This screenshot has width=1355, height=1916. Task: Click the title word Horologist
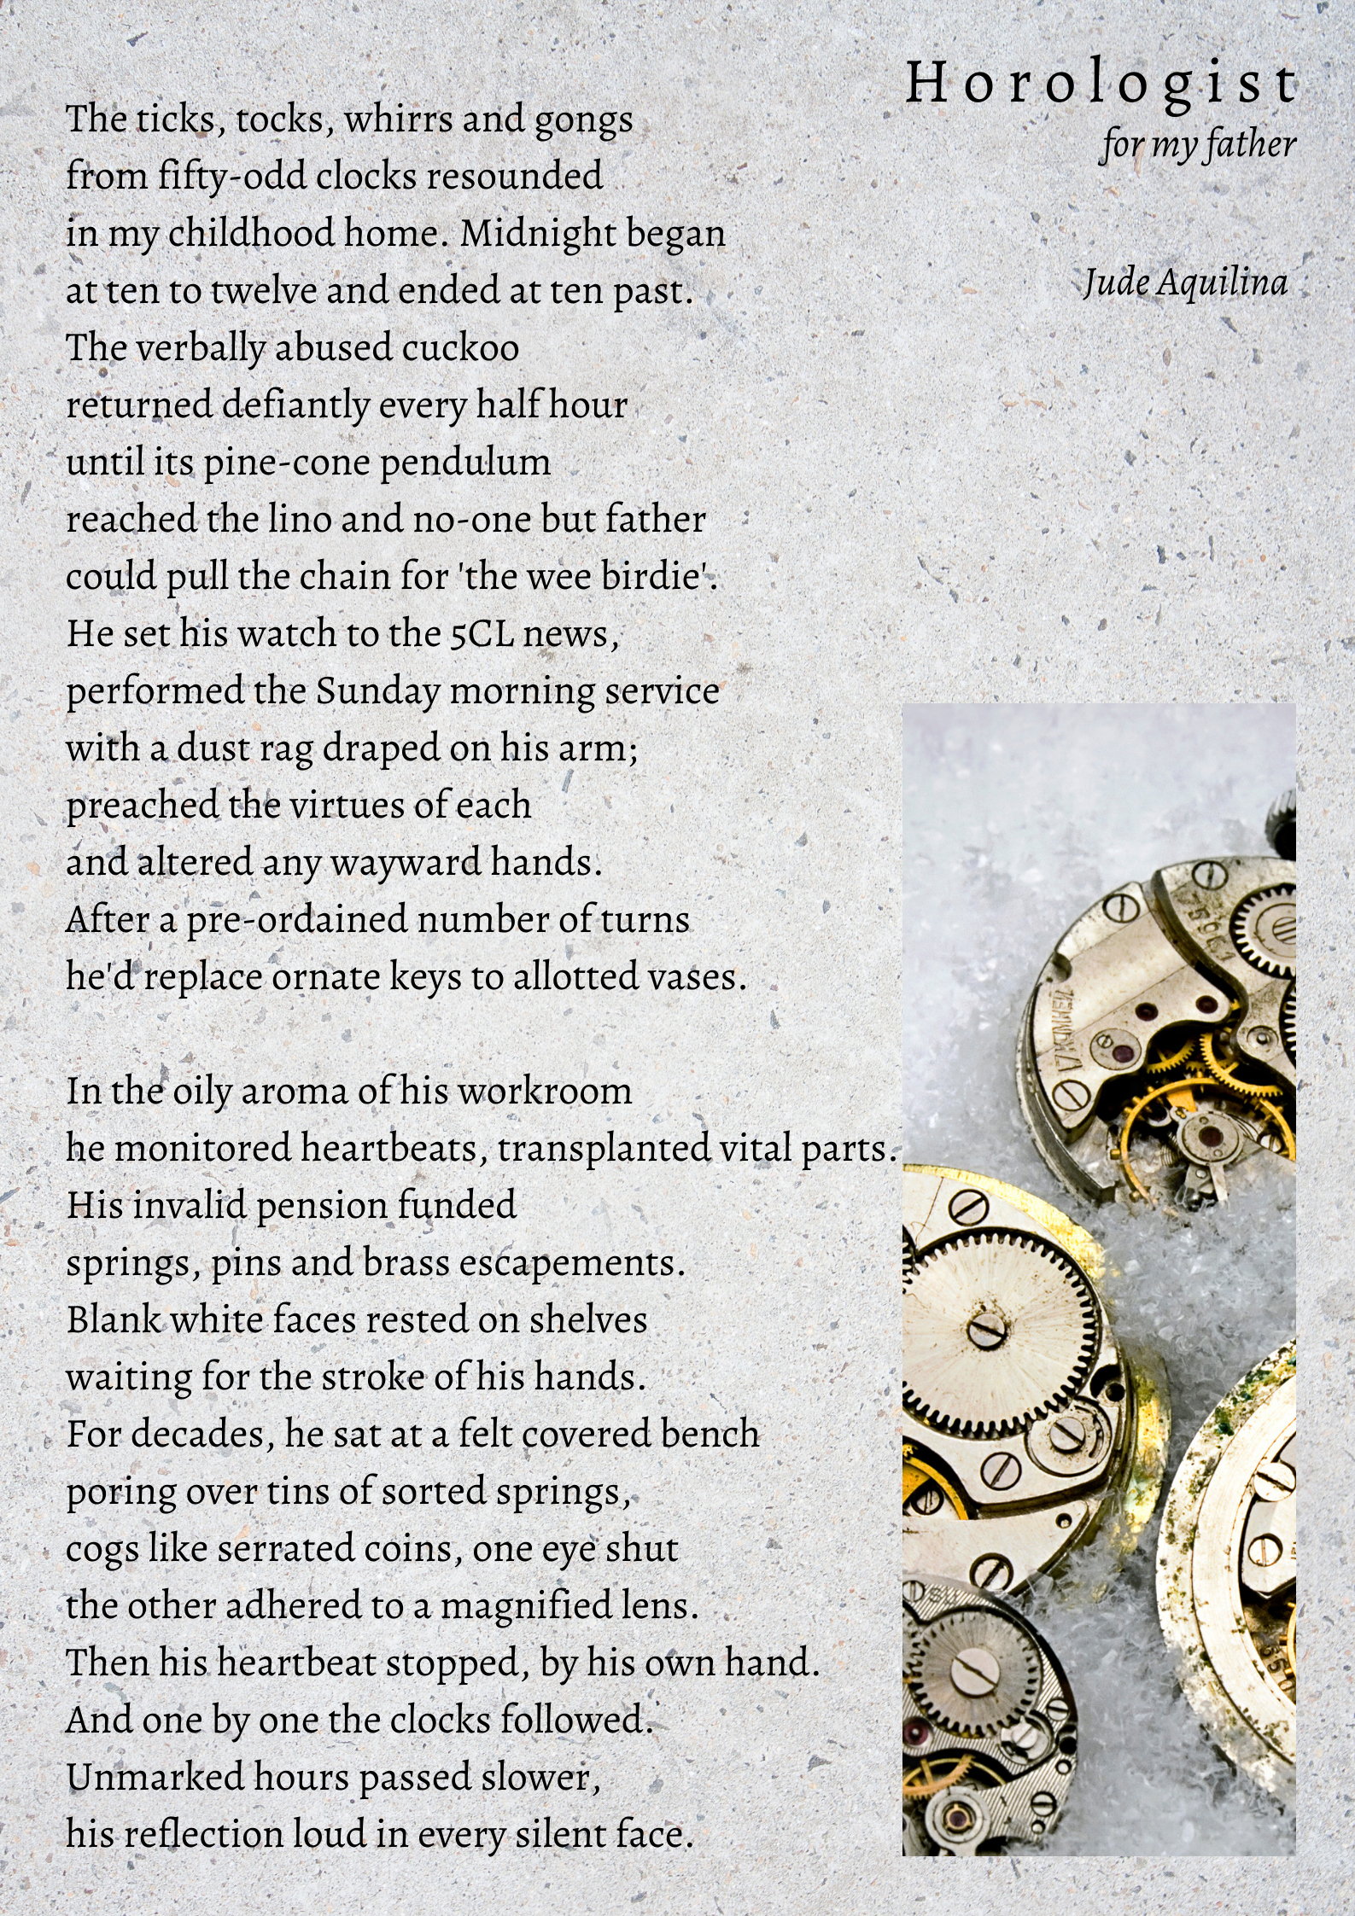(1101, 84)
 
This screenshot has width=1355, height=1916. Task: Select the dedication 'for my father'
(1198, 144)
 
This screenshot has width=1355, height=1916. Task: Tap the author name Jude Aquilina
(1185, 282)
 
